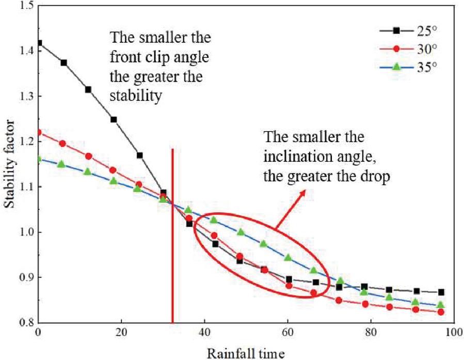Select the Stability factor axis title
pos(9,164)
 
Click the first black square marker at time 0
pos(39,43)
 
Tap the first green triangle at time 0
pos(39,159)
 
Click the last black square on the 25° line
pos(441,292)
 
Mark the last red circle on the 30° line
pos(441,312)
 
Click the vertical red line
pos(172,232)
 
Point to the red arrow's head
pos(303,191)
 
